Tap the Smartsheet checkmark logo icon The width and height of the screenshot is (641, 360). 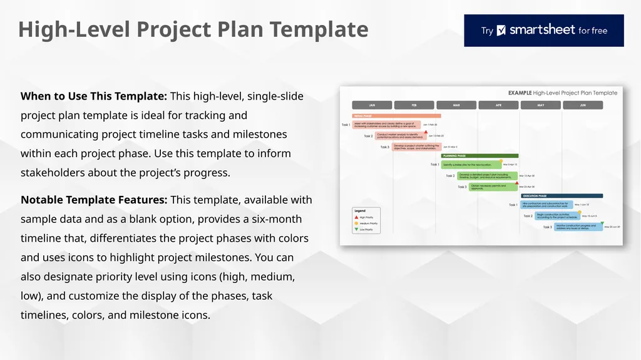click(501, 31)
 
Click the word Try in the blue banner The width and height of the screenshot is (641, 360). click(487, 31)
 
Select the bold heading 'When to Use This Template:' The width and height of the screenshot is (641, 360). click(94, 96)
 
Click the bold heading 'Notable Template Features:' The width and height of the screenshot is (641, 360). click(94, 200)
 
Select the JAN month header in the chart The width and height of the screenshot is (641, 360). click(372, 105)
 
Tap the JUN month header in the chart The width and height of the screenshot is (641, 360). click(583, 105)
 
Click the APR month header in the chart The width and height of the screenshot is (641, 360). click(498, 105)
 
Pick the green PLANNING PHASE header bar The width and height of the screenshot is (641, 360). click(479, 156)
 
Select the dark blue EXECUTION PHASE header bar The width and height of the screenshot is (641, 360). click(561, 196)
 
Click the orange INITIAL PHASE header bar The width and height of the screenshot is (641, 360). click(397, 116)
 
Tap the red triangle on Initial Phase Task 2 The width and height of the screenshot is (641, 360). click(426, 132)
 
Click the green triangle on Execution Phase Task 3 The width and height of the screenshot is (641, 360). click(602, 223)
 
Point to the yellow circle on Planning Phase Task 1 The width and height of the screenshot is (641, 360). click(501, 161)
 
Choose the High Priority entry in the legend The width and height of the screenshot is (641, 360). click(363, 217)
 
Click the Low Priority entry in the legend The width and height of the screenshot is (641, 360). click(363, 230)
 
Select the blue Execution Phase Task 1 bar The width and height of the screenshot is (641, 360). click(546, 204)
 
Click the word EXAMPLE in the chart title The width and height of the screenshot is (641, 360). click(520, 93)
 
